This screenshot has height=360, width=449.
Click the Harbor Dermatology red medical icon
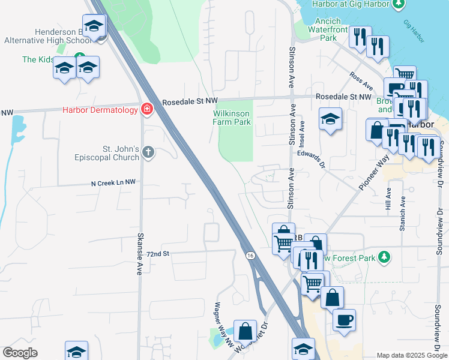tap(146, 109)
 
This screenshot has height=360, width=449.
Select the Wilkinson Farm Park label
tap(232, 117)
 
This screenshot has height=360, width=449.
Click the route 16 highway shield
tap(249, 256)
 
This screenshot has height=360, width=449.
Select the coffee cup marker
tap(344, 320)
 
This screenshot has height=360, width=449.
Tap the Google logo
tap(20, 352)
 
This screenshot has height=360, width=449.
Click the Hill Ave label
tap(388, 199)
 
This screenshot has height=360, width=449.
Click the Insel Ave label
tap(303, 134)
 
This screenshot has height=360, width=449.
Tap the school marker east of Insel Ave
tap(330, 119)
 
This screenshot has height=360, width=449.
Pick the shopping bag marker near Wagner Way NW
tap(245, 331)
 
